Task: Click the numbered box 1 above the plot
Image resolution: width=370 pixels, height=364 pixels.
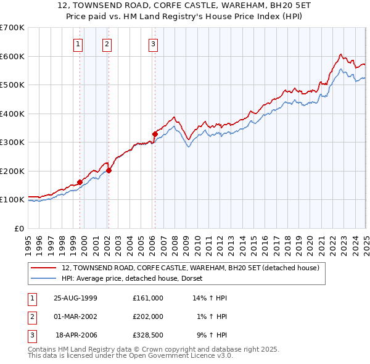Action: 79,44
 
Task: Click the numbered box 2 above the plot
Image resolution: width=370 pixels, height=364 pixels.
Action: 107,44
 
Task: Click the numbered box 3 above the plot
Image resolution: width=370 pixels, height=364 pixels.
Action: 153,44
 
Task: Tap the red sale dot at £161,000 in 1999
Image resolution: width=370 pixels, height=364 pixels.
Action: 80,182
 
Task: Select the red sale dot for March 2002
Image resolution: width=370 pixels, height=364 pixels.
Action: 109,170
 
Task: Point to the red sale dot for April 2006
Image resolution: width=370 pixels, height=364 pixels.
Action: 155,134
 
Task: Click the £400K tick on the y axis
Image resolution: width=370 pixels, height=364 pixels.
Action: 13,114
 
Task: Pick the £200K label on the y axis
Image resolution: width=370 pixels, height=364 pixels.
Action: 13,171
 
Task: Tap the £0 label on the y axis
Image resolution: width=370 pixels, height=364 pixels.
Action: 19,228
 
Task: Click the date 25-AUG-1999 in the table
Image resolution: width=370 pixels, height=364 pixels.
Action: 75,298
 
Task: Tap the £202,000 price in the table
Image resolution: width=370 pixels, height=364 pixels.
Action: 147,316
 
